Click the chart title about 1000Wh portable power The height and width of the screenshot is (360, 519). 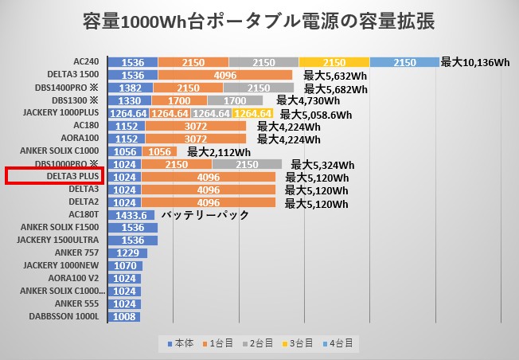[259, 22]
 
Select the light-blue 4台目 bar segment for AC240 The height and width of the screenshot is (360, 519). [404, 62]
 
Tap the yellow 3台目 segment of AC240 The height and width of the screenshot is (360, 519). [334, 62]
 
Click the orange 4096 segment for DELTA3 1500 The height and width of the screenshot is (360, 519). [225, 75]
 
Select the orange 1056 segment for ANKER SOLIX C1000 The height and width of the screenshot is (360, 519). [162, 151]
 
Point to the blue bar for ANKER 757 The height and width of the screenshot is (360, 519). [128, 252]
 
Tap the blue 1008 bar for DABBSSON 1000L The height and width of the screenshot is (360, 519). [125, 316]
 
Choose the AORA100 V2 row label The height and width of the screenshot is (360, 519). [76, 278]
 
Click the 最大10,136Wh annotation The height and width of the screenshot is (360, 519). [474, 62]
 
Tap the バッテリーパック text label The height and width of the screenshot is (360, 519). [205, 215]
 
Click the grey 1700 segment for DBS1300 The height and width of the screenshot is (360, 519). [235, 100]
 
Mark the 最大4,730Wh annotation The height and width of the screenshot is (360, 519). [308, 100]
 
